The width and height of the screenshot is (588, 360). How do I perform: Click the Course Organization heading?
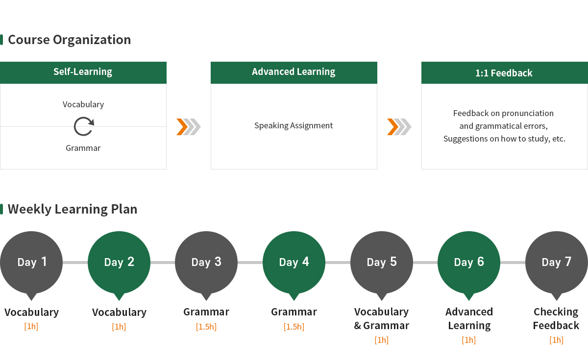click(x=69, y=40)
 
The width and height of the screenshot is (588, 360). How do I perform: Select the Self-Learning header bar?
click(x=83, y=72)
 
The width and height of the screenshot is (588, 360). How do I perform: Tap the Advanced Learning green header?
click(x=294, y=72)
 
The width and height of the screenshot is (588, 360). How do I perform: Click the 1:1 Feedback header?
click(x=505, y=72)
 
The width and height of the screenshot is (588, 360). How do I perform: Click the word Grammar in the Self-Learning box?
click(x=83, y=148)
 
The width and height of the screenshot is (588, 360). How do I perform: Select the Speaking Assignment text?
click(x=294, y=125)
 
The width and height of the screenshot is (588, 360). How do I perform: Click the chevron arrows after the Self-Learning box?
click(x=189, y=127)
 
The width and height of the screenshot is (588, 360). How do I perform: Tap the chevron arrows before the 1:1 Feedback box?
click(x=399, y=127)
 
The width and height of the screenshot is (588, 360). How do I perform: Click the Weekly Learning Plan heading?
click(x=73, y=209)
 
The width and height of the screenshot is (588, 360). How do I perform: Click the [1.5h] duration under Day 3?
click(x=206, y=327)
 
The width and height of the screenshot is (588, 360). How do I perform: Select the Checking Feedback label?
click(x=556, y=318)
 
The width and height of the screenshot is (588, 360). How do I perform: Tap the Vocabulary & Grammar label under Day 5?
click(x=381, y=318)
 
